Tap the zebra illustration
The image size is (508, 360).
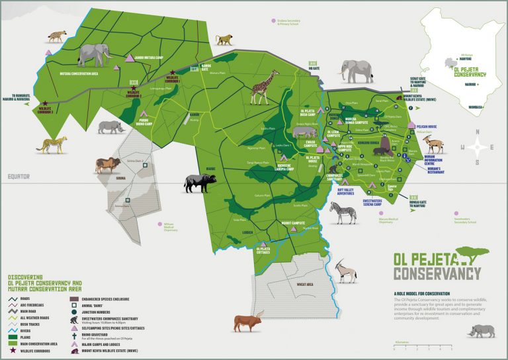tap(341, 212)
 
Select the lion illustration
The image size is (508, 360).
tap(105, 164)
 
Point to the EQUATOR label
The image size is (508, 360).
tap(19, 176)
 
